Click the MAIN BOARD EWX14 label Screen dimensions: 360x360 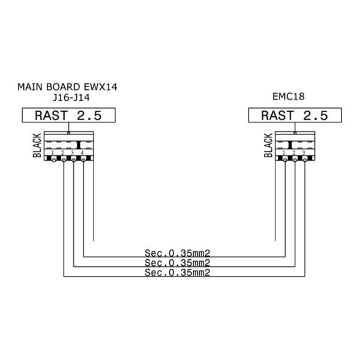tap(68, 88)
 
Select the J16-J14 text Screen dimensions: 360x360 tap(67, 98)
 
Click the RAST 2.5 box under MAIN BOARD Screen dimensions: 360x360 tap(68, 116)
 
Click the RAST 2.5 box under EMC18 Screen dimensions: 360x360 tap(295, 116)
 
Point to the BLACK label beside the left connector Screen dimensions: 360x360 tap(37, 146)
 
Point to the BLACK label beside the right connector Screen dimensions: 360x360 tap(268, 146)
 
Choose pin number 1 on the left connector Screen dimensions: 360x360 tap(53, 154)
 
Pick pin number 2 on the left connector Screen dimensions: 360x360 tap(63, 154)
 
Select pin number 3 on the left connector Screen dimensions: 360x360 tap(73, 154)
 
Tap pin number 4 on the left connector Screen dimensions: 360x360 tap(83, 154)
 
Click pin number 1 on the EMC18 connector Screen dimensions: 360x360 tap(284, 154)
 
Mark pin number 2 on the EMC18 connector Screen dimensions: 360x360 tap(294, 154)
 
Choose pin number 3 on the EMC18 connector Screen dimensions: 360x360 tap(304, 154)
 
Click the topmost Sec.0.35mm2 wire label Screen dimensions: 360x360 tap(178, 253)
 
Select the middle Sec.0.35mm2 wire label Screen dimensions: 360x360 tap(178, 263)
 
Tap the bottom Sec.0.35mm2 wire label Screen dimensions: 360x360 tap(178, 273)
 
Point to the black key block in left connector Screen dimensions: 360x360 tap(80, 145)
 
